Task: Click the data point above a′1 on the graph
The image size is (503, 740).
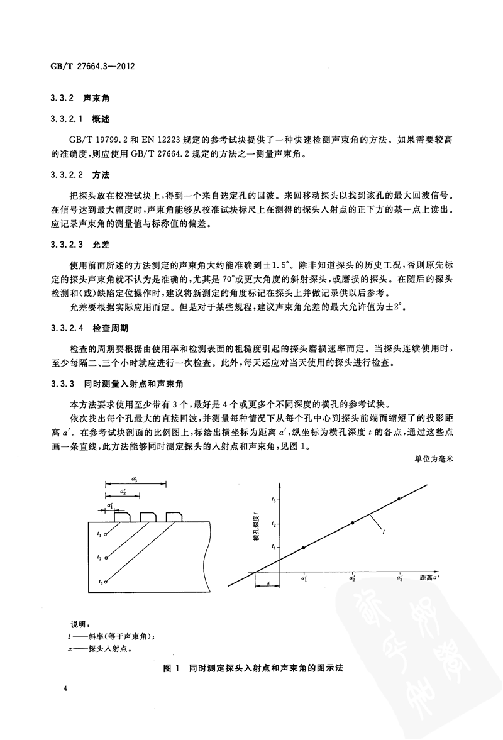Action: pos(304,548)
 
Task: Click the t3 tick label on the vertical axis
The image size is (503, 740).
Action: pos(274,499)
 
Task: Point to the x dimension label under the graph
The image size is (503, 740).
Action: pos(269,582)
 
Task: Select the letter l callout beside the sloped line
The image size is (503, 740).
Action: pos(384,532)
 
